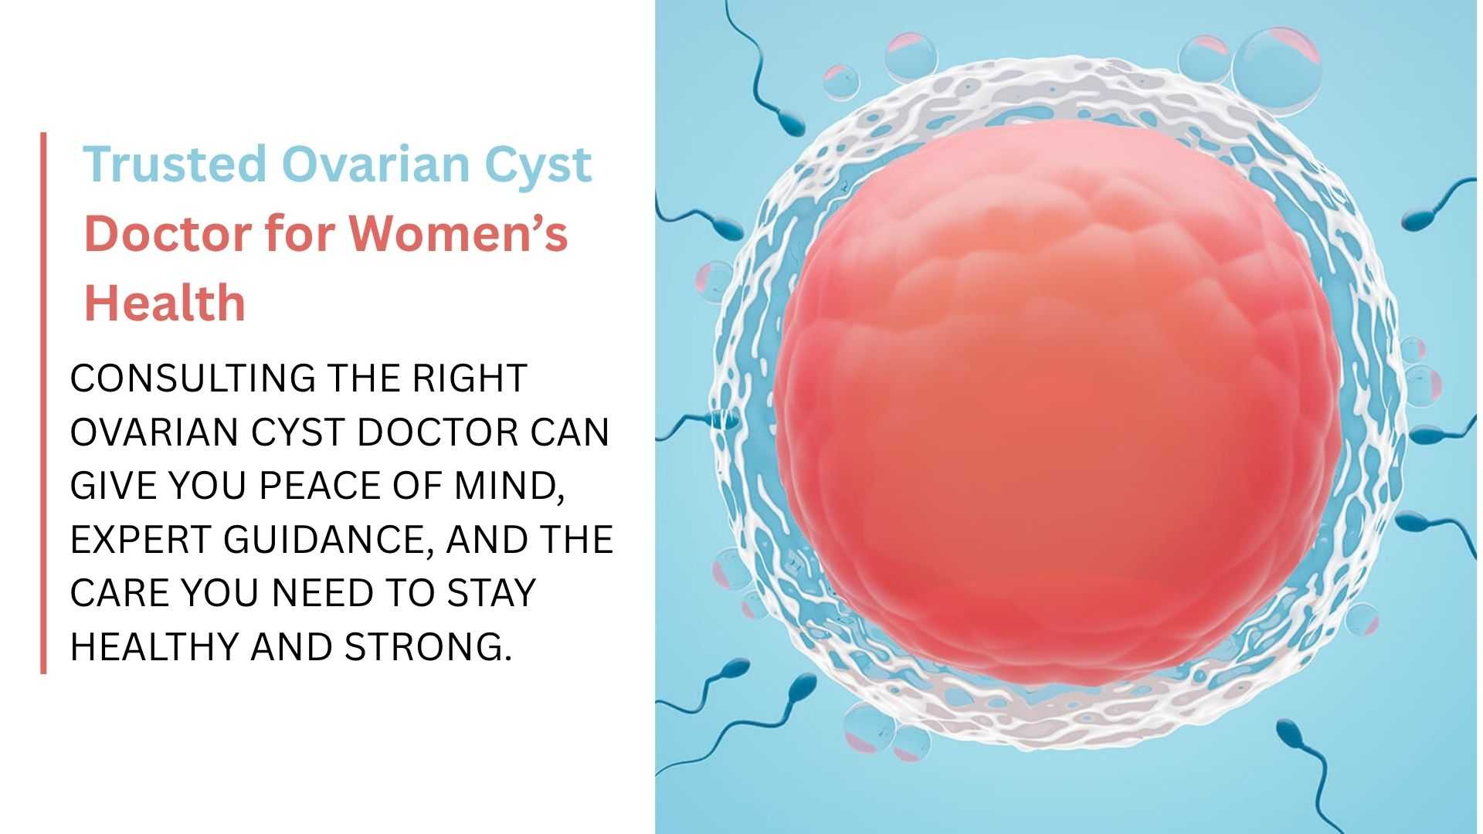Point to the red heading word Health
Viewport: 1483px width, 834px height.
pos(165,302)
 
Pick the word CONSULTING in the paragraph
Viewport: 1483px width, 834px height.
pos(193,378)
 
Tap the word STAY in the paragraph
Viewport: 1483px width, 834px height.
pos(491,592)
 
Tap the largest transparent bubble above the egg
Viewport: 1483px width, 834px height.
pos(1276,71)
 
